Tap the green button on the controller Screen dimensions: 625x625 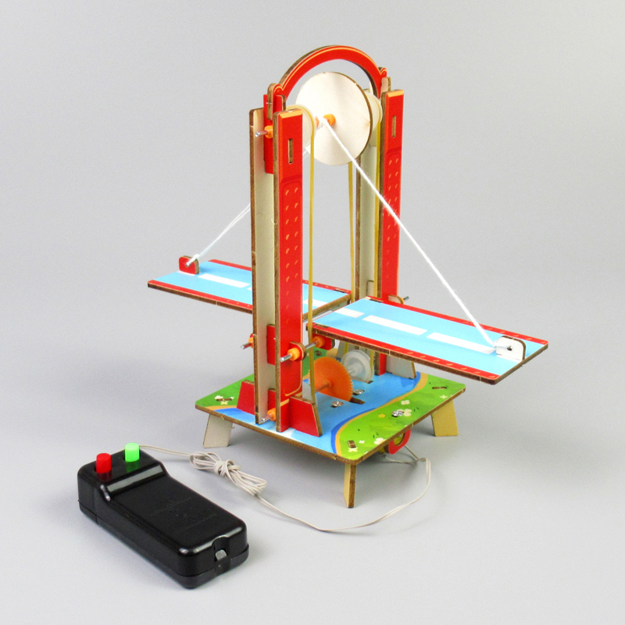(x=131, y=453)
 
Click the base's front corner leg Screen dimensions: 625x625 (x=350, y=480)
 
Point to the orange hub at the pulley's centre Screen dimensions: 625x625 (x=327, y=120)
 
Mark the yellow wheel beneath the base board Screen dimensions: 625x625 (x=395, y=445)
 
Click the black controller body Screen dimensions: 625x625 (x=164, y=516)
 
